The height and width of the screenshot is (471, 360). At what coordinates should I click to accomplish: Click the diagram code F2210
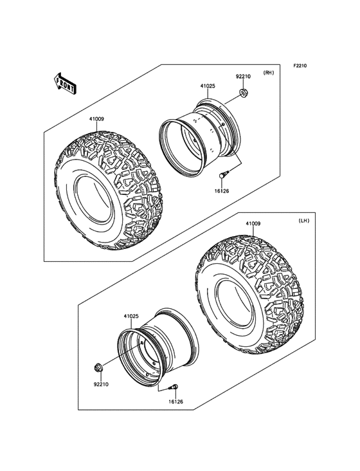[302, 66]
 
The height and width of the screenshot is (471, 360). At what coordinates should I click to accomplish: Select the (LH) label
[305, 221]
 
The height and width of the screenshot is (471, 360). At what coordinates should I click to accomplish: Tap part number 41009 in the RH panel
[97, 119]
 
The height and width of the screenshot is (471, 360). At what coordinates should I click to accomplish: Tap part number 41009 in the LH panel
[253, 224]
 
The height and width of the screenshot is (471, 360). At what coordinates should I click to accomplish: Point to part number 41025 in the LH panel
[131, 317]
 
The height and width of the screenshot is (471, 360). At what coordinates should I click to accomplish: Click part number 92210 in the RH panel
[242, 77]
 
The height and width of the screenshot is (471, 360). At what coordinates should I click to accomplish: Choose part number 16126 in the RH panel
[221, 191]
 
